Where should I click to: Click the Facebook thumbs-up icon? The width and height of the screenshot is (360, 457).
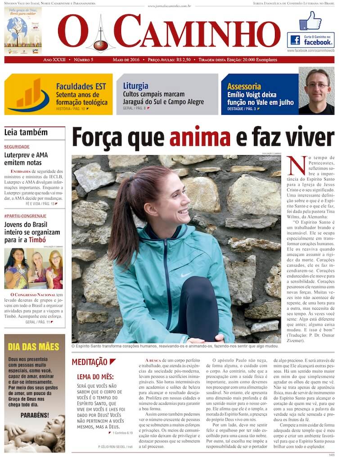pos(310,21)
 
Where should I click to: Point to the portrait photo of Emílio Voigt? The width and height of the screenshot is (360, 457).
pos(316,91)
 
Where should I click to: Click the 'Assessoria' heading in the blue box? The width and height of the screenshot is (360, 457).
pos(244,86)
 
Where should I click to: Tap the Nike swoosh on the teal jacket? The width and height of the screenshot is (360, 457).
pos(186,275)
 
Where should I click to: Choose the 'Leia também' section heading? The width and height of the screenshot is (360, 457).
pos(26,132)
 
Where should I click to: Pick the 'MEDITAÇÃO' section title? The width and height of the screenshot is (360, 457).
pos(90,362)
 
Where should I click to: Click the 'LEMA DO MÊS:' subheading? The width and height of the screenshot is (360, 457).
pos(95,376)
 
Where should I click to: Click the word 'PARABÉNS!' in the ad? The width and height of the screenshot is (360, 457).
pos(35,415)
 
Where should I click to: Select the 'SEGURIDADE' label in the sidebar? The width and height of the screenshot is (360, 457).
pos(17,147)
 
